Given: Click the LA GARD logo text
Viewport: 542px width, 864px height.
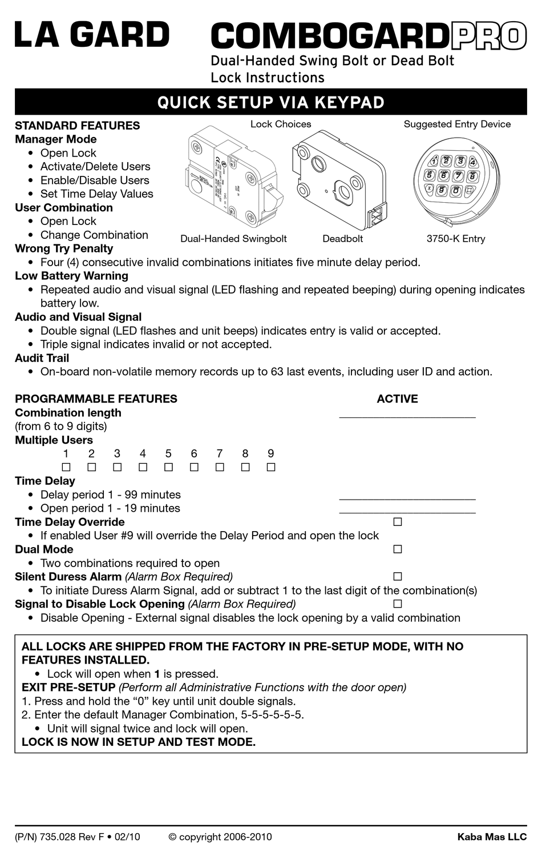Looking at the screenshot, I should point(92,35).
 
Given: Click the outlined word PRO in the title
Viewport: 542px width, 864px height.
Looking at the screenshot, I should point(488,37).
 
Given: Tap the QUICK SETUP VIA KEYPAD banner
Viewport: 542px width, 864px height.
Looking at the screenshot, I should point(270,102).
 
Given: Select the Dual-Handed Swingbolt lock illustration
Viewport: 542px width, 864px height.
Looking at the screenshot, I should point(234,179).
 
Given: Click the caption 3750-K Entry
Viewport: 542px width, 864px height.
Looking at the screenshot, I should point(456,239).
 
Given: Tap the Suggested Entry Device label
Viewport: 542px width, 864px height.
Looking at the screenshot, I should point(457,124).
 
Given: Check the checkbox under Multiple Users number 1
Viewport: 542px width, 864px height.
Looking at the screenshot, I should point(66,467).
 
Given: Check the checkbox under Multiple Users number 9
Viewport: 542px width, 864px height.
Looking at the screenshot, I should point(271,467).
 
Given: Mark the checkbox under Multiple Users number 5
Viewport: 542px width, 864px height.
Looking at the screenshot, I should point(168,467).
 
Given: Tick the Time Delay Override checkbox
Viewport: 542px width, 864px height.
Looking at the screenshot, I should point(398,522).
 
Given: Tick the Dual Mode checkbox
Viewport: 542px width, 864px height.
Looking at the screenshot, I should point(398,549).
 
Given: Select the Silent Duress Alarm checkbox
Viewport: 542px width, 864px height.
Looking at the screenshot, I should point(398,577).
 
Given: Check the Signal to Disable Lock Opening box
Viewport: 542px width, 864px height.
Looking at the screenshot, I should point(398,604).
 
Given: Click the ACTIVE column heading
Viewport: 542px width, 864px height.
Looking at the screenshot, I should point(397,399).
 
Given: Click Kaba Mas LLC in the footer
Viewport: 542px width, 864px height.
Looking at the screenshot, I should point(492,837).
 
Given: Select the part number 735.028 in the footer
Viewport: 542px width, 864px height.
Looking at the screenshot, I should point(58,837).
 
